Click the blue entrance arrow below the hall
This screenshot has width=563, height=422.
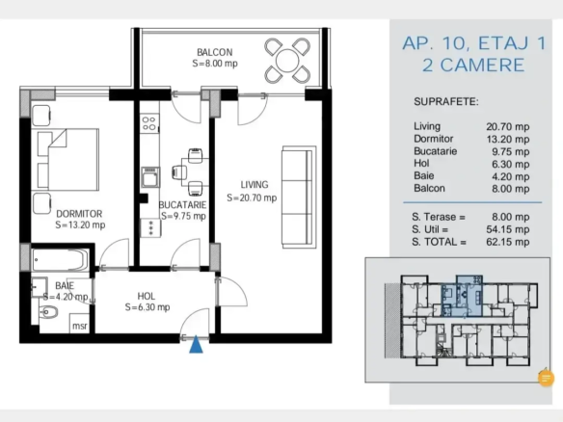(x=196, y=345)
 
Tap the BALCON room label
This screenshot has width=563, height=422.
(x=215, y=52)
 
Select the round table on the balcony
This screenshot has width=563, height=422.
(x=287, y=61)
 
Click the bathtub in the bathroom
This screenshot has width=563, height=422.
(x=60, y=260)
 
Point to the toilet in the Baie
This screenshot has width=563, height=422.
(x=48, y=312)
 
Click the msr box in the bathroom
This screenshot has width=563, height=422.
(x=79, y=323)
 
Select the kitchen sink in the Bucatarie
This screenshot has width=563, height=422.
(x=150, y=177)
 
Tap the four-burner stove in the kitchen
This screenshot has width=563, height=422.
(x=149, y=123)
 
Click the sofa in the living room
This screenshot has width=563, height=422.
(x=299, y=197)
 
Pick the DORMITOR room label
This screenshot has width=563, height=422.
(x=79, y=214)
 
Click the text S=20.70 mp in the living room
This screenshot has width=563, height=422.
(x=252, y=198)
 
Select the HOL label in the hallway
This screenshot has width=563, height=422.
(x=147, y=296)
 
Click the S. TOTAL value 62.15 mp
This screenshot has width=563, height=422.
(x=508, y=242)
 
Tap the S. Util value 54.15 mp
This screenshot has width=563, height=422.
(x=508, y=229)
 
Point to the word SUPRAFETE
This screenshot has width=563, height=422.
(x=446, y=102)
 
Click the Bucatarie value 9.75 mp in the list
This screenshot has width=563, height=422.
(x=511, y=151)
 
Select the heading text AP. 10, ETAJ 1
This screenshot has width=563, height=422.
(x=474, y=43)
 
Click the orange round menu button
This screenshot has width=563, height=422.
(x=546, y=378)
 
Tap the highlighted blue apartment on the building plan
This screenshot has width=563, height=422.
(x=462, y=296)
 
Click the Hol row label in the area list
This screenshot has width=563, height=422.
(x=421, y=163)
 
